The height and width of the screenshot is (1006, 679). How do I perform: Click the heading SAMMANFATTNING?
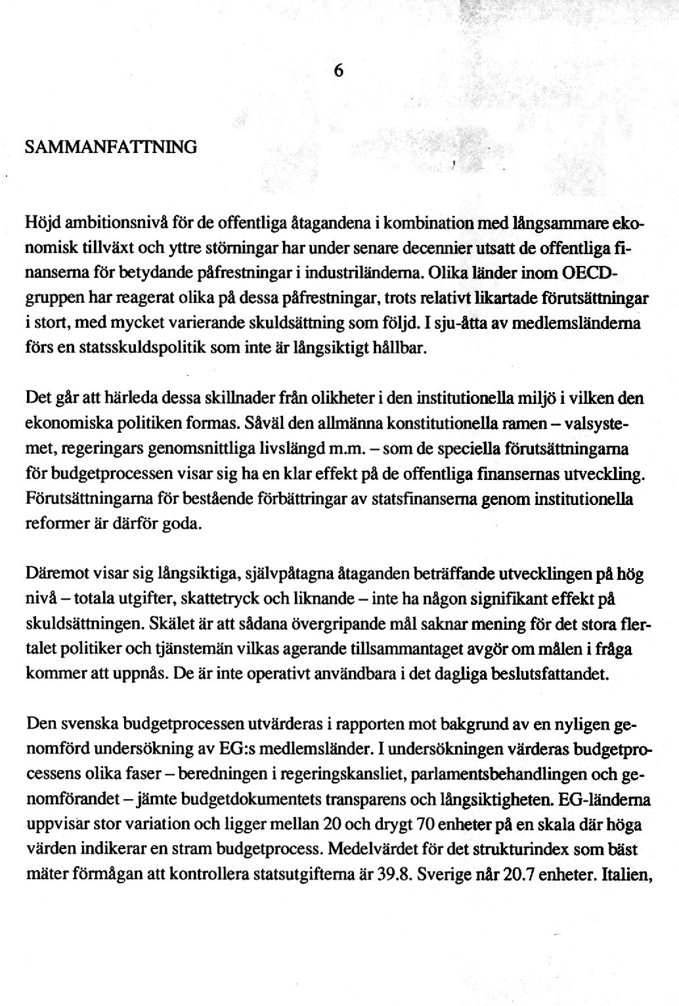[110, 146]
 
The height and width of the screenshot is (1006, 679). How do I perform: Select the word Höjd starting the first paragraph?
[42, 224]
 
